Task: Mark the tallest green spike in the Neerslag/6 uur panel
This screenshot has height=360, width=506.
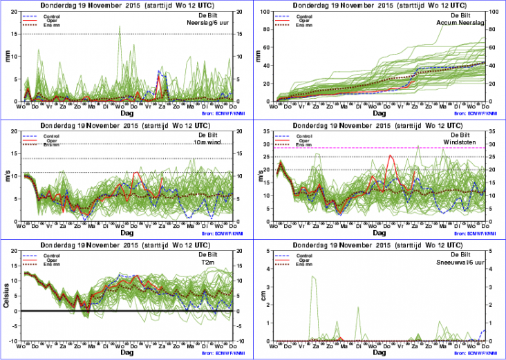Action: (x=120, y=27)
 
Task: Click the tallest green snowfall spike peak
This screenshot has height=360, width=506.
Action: (x=313, y=276)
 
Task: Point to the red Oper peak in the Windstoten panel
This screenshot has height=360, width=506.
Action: (x=392, y=156)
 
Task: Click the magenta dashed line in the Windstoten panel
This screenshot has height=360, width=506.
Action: (x=346, y=148)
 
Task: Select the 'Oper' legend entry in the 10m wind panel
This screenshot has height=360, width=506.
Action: (x=52, y=141)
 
